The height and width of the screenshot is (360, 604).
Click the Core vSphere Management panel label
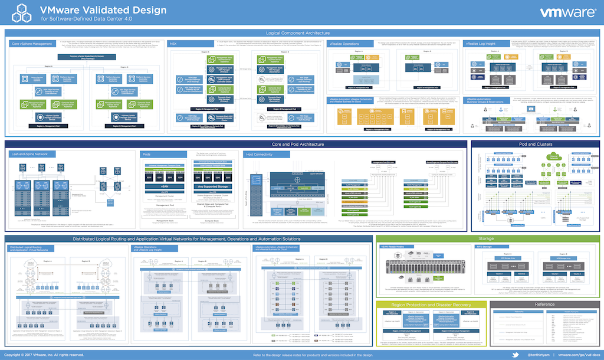(31, 44)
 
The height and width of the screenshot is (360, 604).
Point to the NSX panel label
(173, 44)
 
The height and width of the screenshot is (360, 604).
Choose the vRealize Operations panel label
(344, 44)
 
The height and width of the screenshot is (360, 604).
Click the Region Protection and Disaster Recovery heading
(431, 305)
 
